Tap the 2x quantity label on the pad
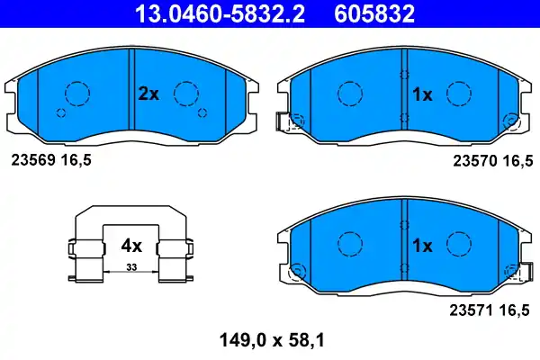(148, 93)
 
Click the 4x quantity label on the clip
(131, 245)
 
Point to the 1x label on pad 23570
(423, 93)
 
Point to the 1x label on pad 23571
(423, 245)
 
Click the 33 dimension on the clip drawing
(131, 268)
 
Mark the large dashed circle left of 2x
(76, 93)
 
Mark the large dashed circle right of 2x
(185, 93)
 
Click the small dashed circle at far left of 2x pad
(61, 112)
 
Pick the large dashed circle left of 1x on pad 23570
(347, 93)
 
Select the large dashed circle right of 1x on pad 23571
(462, 244)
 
